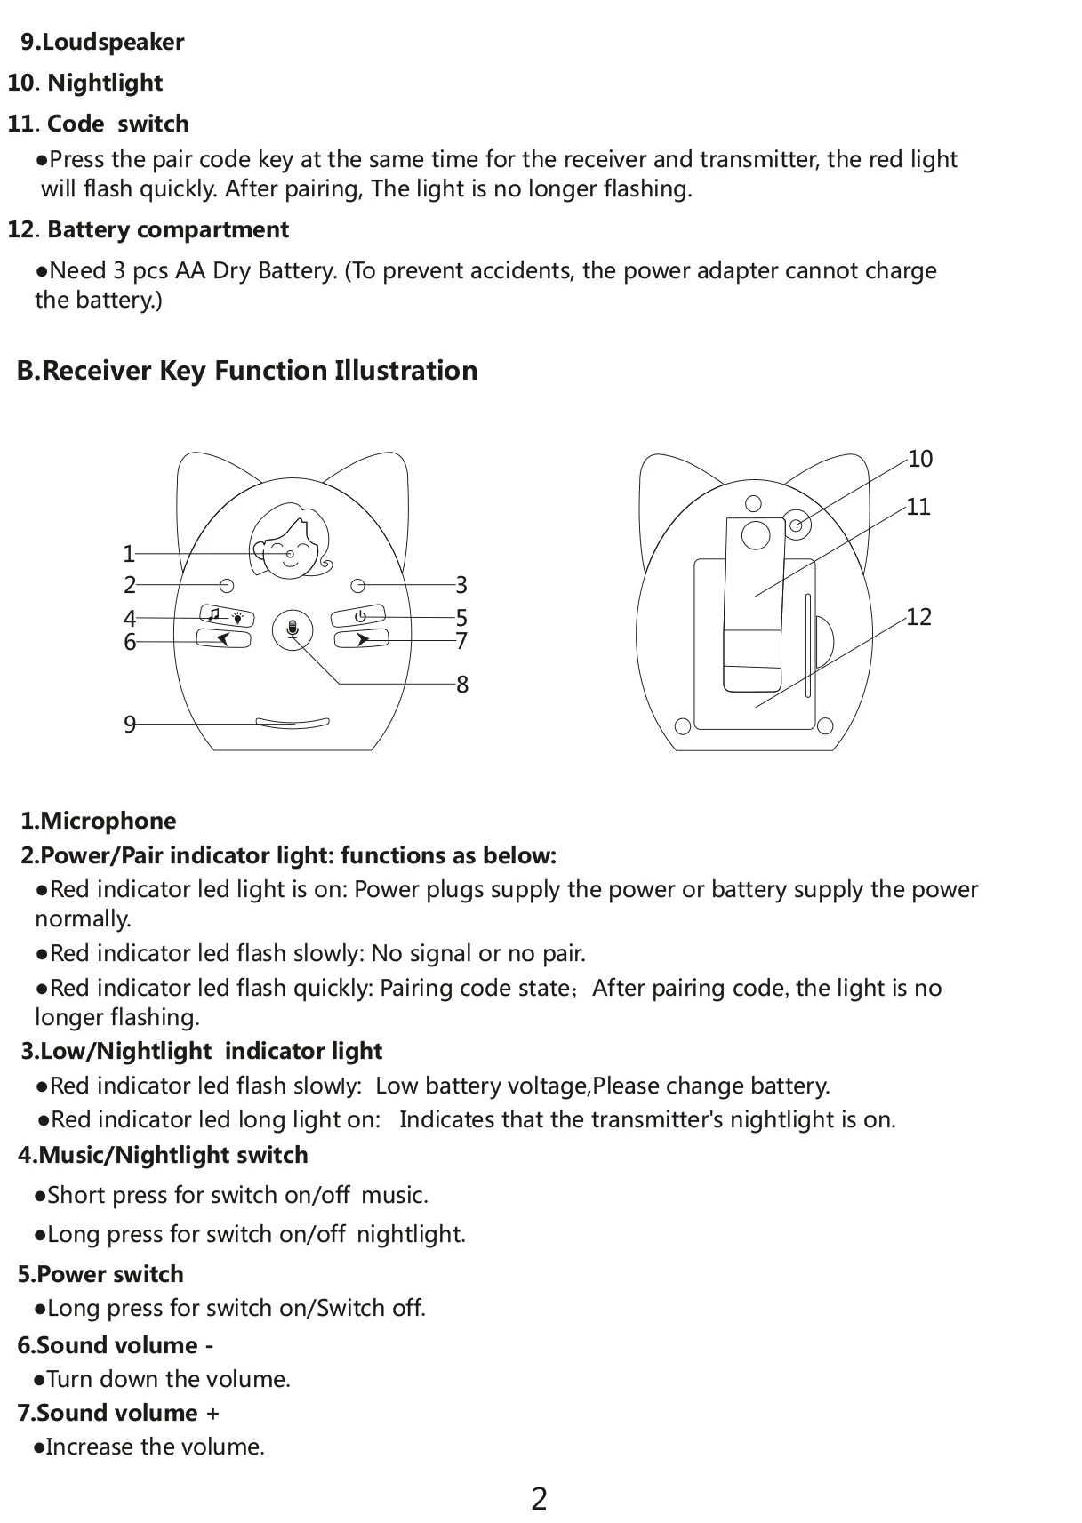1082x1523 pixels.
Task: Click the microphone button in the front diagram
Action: pos(293,630)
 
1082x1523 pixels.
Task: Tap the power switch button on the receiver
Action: pos(359,616)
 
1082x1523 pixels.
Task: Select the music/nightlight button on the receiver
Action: pos(226,616)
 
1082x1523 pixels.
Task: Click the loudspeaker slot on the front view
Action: pos(293,723)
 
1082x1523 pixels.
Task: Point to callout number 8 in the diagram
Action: pos(462,685)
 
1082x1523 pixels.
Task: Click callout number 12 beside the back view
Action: pos(918,617)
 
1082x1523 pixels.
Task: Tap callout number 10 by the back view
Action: pos(920,459)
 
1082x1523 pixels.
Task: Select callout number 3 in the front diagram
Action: pos(461,585)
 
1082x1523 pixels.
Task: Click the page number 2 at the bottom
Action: pos(539,1499)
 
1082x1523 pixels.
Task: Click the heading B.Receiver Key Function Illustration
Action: pos(247,370)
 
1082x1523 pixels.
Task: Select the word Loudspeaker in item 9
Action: pos(113,42)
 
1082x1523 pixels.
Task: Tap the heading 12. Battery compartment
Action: pos(148,229)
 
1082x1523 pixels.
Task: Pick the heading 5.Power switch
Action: pos(100,1273)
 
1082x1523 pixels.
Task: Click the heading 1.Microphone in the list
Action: pos(99,820)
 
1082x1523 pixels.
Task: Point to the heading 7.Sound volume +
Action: pos(118,1412)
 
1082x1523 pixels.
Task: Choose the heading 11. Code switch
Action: pos(99,124)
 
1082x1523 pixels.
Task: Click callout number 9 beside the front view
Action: pos(130,725)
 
